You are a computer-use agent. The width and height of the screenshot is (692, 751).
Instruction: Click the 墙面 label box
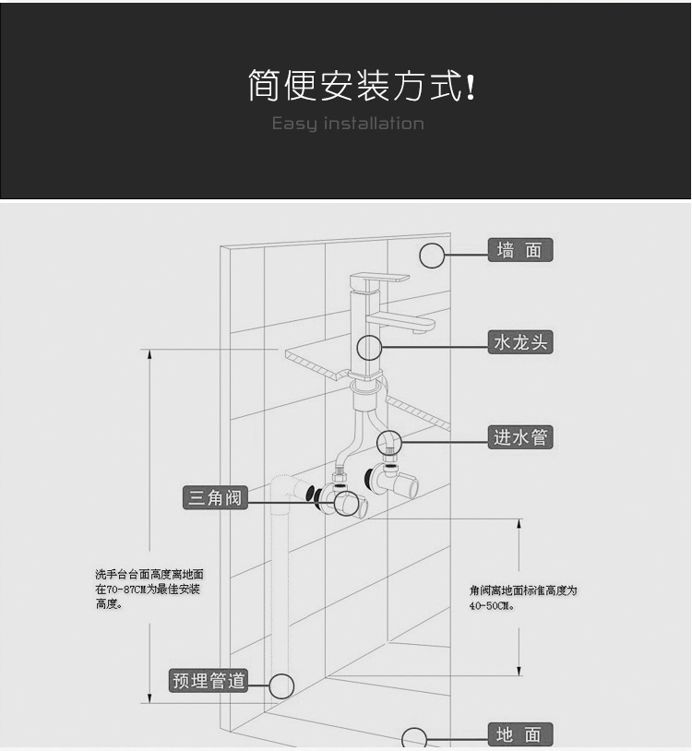pos(519,250)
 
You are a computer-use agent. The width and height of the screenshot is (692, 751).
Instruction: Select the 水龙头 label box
pos(519,342)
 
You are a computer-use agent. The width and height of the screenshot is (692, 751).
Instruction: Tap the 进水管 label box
pos(519,437)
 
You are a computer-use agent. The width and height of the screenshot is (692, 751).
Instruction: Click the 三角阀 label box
pos(214,497)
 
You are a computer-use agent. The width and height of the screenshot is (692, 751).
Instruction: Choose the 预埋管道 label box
pos(209,681)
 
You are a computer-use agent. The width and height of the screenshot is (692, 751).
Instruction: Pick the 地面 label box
pos(519,734)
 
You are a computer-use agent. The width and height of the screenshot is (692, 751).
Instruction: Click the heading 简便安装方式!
pos(361,86)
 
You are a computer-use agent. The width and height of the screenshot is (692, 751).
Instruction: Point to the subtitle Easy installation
pos(348,124)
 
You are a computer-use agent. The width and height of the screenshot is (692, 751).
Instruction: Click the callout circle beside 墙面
pos(432,256)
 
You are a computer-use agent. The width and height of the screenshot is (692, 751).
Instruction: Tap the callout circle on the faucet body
pos(369,348)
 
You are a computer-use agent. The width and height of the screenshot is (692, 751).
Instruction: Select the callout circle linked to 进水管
pos(388,443)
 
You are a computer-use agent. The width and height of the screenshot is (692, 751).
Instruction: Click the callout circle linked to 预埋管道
pos(281,685)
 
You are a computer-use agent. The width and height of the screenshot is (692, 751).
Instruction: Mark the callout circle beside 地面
pos(414,739)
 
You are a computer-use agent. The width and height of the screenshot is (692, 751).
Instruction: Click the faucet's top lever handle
pos(378,277)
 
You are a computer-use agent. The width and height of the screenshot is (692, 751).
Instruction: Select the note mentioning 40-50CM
pos(522,598)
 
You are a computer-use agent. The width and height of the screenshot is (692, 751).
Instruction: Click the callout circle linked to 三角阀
pos(347,503)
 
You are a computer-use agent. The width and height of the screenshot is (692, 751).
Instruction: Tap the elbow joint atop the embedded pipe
pos(287,488)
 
